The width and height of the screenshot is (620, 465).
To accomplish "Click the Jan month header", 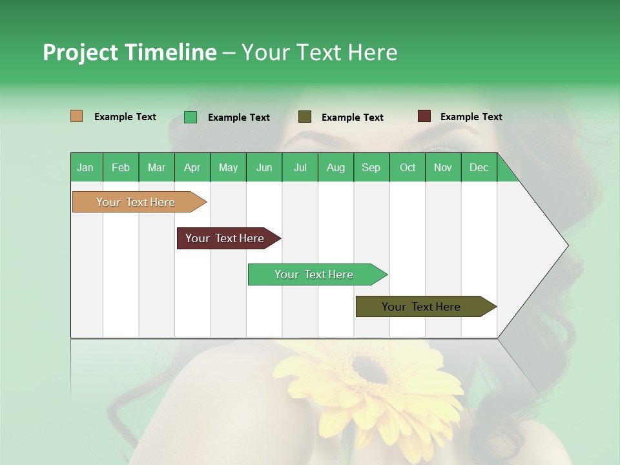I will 85,168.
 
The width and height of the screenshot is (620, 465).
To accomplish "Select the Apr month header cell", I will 192,168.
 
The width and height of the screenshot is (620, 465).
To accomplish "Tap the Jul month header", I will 300,168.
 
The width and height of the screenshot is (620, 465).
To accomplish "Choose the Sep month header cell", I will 371,168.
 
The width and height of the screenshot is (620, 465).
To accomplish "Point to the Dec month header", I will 479,168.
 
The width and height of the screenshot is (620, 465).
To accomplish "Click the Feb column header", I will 121,168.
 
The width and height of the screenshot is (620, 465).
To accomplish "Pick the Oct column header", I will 408,168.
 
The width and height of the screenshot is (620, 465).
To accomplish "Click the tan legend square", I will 77,116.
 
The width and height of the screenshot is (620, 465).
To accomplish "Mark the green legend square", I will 191,117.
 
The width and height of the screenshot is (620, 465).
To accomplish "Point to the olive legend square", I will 305,117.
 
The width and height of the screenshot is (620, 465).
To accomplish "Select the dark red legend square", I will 424,116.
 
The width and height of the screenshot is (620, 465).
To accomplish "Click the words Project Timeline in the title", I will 129,52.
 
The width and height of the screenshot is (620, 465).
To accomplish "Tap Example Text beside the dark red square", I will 471,117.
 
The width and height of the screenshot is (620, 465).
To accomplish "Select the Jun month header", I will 264,168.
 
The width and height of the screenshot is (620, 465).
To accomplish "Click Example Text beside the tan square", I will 125,117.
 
